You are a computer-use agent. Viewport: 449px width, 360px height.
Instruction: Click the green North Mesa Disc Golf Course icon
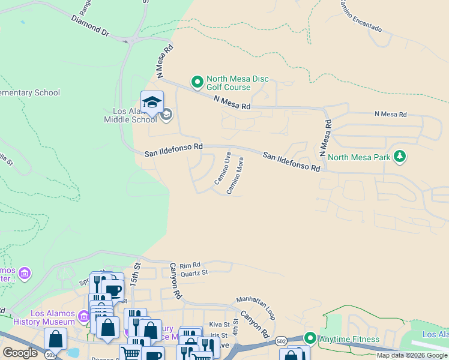pos(196,81)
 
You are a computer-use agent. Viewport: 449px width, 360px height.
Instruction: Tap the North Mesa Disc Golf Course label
pos(237,83)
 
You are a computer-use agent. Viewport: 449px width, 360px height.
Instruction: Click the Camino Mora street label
pos(235,175)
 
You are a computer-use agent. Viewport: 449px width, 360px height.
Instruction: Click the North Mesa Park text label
pos(359,158)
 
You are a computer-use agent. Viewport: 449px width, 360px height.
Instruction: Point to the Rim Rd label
pos(193,264)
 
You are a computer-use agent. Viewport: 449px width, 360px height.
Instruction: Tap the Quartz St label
pos(194,272)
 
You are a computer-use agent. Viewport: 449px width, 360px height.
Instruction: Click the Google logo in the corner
pos(20,353)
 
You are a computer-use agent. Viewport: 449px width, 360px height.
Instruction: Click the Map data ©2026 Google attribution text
pos(412,355)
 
